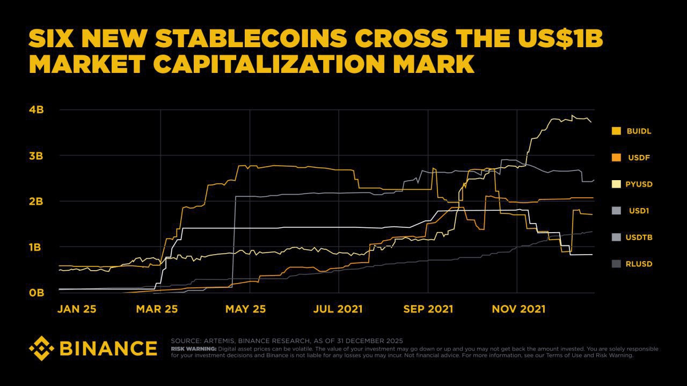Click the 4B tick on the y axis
pos(36,110)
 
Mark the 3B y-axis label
pos(36,156)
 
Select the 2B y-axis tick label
pos(36,202)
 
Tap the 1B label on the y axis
pos(36,247)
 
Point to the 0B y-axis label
pos(36,293)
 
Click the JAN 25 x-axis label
pos(77,309)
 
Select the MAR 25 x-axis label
pos(157,309)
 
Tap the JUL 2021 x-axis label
pos(338,309)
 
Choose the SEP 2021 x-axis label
pos(428,309)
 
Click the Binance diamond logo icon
pos(41,348)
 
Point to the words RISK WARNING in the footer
pos(193,348)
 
